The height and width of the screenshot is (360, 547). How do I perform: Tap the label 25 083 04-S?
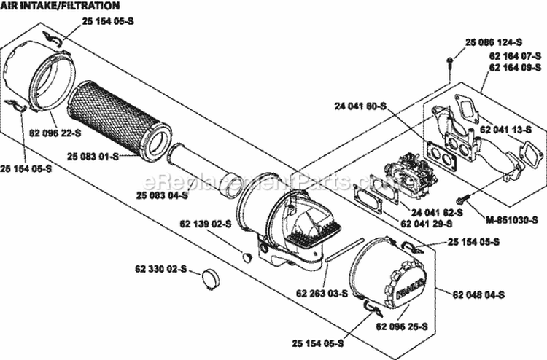(x=162, y=195)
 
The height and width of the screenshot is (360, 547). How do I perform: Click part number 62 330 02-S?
(x=160, y=268)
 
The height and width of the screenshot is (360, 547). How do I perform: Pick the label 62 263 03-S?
(x=322, y=293)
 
